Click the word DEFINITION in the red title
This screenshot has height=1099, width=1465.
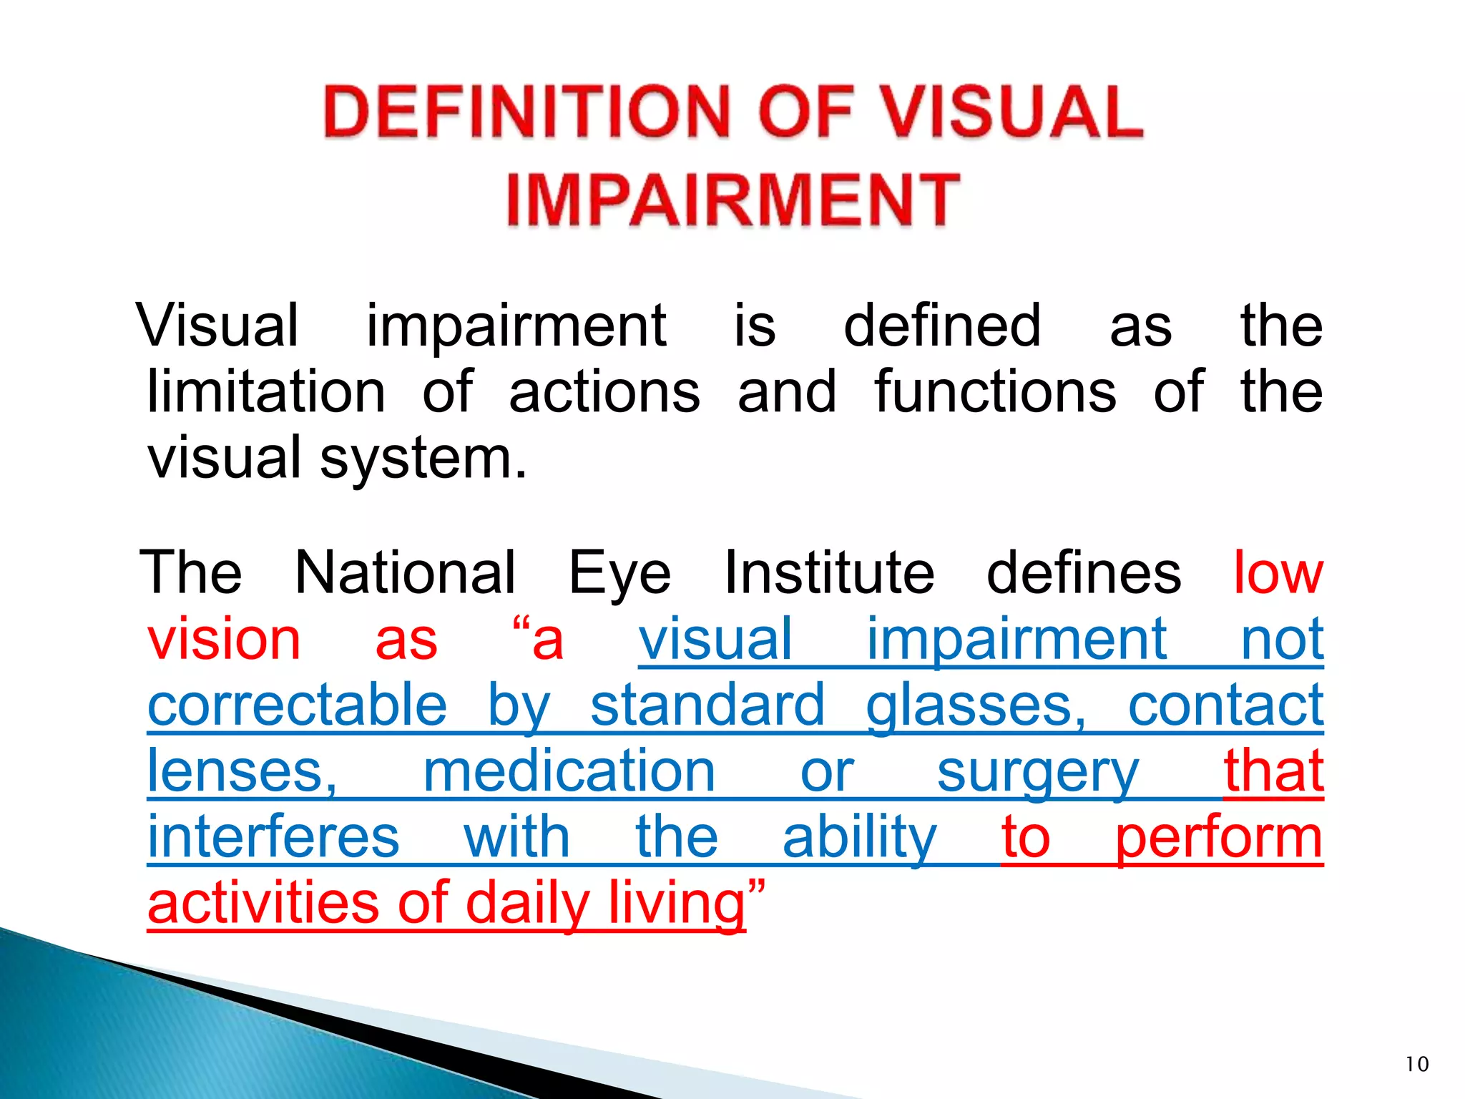coord(526,112)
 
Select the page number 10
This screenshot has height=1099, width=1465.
coord(1416,1064)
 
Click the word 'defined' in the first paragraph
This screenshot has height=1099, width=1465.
coord(942,326)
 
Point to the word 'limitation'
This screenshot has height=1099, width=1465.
coord(266,392)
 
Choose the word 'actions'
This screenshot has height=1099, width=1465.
coord(604,392)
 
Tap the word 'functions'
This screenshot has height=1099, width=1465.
coord(995,392)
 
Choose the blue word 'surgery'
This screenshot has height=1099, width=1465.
coord(1037,773)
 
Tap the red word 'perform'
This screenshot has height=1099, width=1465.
coord(1219,839)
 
